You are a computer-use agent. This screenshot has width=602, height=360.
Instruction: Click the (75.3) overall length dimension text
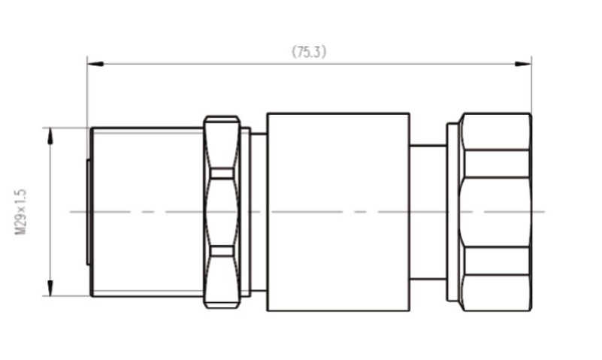pos(309,51)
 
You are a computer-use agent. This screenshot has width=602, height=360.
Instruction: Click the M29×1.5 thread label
pos(20,211)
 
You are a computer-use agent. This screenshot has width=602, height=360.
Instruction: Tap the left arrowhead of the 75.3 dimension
pos(95,63)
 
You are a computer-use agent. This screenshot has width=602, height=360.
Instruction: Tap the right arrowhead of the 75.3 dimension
pos(523,64)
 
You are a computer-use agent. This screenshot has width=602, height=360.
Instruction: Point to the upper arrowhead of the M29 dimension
pos(50,136)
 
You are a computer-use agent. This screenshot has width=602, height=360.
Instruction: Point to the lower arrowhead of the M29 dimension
pos(50,287)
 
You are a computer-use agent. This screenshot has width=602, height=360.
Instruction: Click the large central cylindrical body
pos(338,212)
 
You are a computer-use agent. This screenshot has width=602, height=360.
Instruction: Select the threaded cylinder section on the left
pos(147,212)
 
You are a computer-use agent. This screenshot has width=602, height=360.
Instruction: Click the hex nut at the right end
pos(495,212)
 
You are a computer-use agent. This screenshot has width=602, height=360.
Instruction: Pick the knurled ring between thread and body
pos(222,212)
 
